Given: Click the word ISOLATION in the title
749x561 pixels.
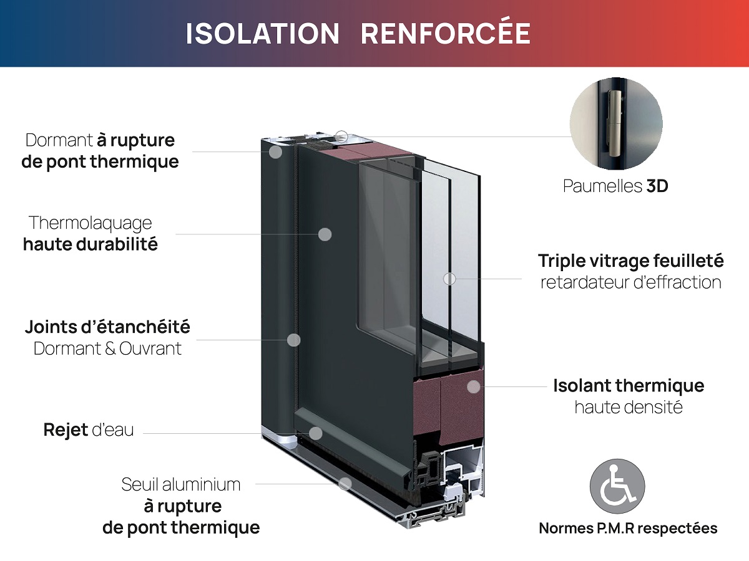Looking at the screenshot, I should click(x=262, y=34).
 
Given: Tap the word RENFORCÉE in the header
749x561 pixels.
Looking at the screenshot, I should click(x=446, y=34).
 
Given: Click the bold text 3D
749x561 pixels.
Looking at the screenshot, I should click(x=657, y=186).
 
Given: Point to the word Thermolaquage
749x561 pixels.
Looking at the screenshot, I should click(x=91, y=223).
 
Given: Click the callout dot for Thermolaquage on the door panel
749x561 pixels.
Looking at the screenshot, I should click(x=325, y=234).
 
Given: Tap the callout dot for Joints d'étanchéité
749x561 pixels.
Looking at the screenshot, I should click(x=293, y=340).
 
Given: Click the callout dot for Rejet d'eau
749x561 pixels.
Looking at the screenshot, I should click(x=316, y=433).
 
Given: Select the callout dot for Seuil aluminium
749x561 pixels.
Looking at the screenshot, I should click(x=345, y=483).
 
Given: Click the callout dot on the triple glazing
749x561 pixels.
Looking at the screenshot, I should click(x=449, y=279).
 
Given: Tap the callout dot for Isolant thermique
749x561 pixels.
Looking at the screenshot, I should click(x=474, y=386).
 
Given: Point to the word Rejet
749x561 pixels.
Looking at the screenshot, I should click(x=65, y=430).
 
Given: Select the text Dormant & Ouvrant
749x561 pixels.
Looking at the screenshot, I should click(x=107, y=348).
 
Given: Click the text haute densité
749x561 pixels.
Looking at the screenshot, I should click(x=628, y=408).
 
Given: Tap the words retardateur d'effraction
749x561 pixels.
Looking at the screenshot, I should click(x=630, y=282).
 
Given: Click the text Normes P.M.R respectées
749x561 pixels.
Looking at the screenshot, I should click(x=628, y=529).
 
